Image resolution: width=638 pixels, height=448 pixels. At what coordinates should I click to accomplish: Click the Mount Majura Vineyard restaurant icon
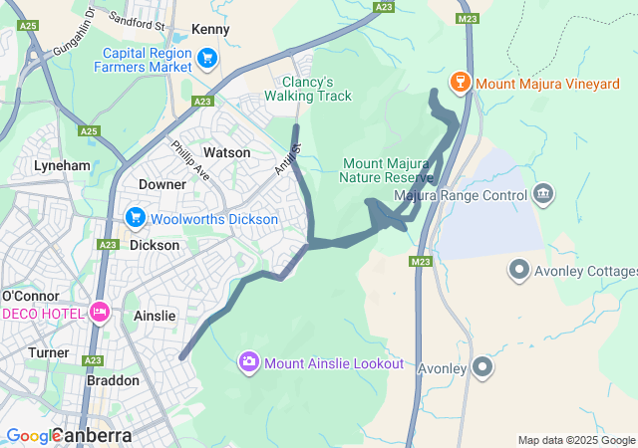pos(461,82)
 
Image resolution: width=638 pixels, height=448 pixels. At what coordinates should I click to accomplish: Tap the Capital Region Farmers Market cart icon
pos(208,58)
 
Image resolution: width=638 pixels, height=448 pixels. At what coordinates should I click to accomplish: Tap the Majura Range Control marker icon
pos(544,192)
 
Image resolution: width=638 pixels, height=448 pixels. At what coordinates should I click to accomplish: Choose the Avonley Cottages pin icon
pos(518,269)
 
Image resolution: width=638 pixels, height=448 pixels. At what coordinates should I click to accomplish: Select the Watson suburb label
pos(226,152)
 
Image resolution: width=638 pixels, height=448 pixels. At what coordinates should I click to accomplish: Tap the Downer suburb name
pos(162,184)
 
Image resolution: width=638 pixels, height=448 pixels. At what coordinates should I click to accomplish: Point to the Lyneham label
pos(62,165)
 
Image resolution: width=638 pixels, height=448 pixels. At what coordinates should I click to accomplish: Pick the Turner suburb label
pos(48,352)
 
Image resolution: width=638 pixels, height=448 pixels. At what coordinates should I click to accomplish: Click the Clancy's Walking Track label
pos(308,89)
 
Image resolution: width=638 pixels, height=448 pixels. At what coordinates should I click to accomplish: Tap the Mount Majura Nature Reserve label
pos(386,170)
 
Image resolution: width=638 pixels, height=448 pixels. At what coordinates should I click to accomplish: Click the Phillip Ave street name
pos(189,159)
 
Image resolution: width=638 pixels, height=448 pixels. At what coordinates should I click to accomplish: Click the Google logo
pos(32,436)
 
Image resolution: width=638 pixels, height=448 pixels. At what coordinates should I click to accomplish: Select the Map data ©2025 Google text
pos(575,440)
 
